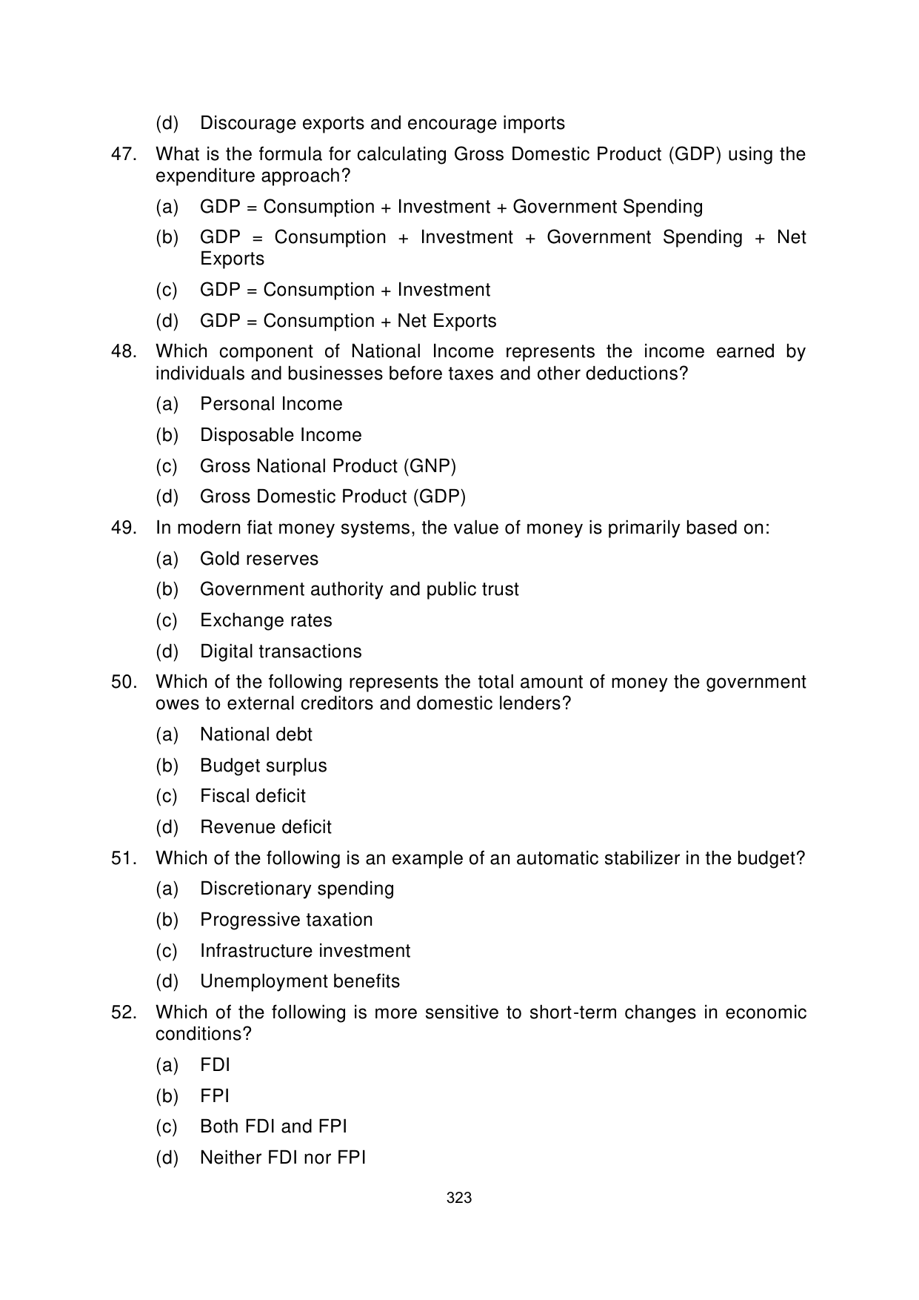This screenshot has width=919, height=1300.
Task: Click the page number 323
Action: coord(459,1198)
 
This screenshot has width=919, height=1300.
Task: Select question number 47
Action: coord(123,154)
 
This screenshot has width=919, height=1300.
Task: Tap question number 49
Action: coord(123,528)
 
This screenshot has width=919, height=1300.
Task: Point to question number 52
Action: coord(123,1012)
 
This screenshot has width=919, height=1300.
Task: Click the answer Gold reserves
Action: coord(259,559)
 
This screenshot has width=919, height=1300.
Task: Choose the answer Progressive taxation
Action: coord(286,920)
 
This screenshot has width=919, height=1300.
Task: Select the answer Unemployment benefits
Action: coord(299,981)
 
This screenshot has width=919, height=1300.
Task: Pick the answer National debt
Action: coord(256,734)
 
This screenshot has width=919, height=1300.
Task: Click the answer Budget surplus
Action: coord(263,766)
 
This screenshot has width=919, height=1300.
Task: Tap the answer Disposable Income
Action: coord(281,435)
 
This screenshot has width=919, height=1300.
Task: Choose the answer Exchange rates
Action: coord(266,620)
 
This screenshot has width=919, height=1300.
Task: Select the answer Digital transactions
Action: coord(281,651)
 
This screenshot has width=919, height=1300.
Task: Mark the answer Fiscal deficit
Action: coord(253,796)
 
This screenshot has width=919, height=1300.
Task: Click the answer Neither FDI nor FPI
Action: coord(283,1158)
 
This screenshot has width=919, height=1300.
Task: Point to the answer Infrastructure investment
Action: coord(304,951)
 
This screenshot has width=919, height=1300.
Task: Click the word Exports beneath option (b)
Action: coord(232,259)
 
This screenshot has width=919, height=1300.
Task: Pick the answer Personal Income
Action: coord(271,404)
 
